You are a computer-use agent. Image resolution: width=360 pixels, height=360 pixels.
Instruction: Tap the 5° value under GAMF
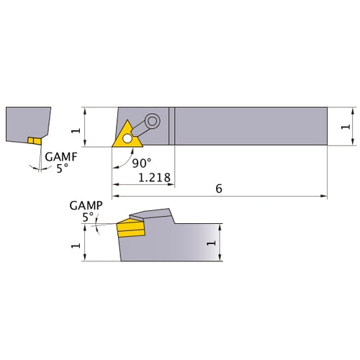coord(62,168)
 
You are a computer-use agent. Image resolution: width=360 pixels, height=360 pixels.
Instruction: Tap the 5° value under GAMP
coord(88,216)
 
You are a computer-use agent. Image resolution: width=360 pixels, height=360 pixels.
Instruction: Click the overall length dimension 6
coord(220,188)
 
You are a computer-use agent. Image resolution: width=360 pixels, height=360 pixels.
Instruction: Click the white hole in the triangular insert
coord(127,137)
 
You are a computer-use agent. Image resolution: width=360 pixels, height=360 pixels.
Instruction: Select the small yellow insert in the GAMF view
coord(32,140)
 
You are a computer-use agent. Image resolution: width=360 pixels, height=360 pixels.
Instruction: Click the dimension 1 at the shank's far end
coord(346,126)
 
